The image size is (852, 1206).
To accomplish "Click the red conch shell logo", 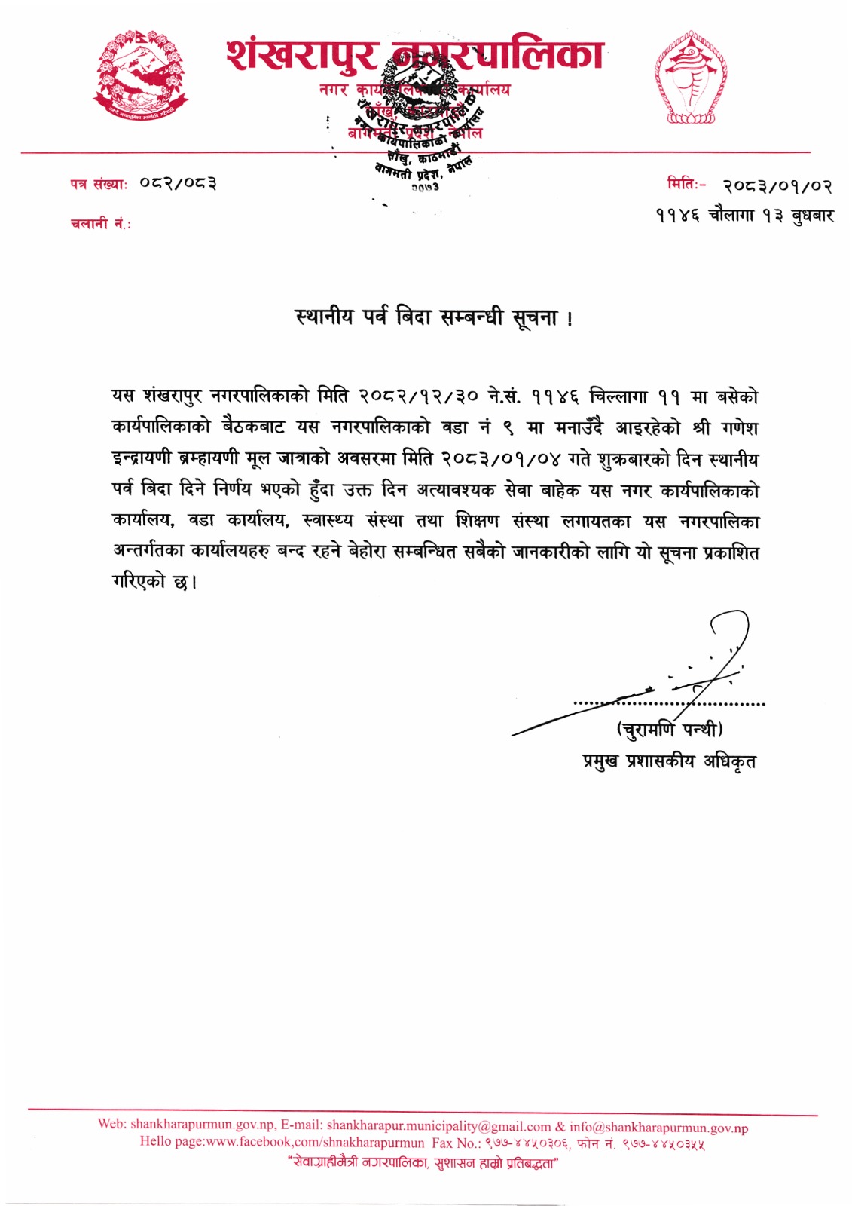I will (x=691, y=78).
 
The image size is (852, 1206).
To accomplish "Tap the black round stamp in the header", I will (x=419, y=113).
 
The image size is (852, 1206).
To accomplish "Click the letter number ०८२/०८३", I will (x=179, y=183).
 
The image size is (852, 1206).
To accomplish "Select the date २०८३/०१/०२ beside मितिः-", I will (x=777, y=185).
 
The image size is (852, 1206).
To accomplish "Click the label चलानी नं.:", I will (x=100, y=224).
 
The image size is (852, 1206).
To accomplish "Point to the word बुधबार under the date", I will (x=812, y=216).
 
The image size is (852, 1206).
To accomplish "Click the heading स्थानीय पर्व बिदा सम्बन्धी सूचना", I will (x=434, y=317).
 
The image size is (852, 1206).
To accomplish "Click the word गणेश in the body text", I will (x=739, y=428).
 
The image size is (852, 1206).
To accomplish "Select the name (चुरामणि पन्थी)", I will (x=670, y=730).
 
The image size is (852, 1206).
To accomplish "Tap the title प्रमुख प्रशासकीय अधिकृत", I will (x=669, y=761).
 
